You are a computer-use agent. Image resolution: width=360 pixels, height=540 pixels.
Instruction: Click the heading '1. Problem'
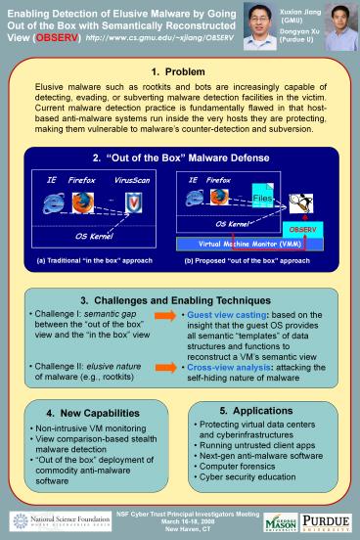coord(179,71)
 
